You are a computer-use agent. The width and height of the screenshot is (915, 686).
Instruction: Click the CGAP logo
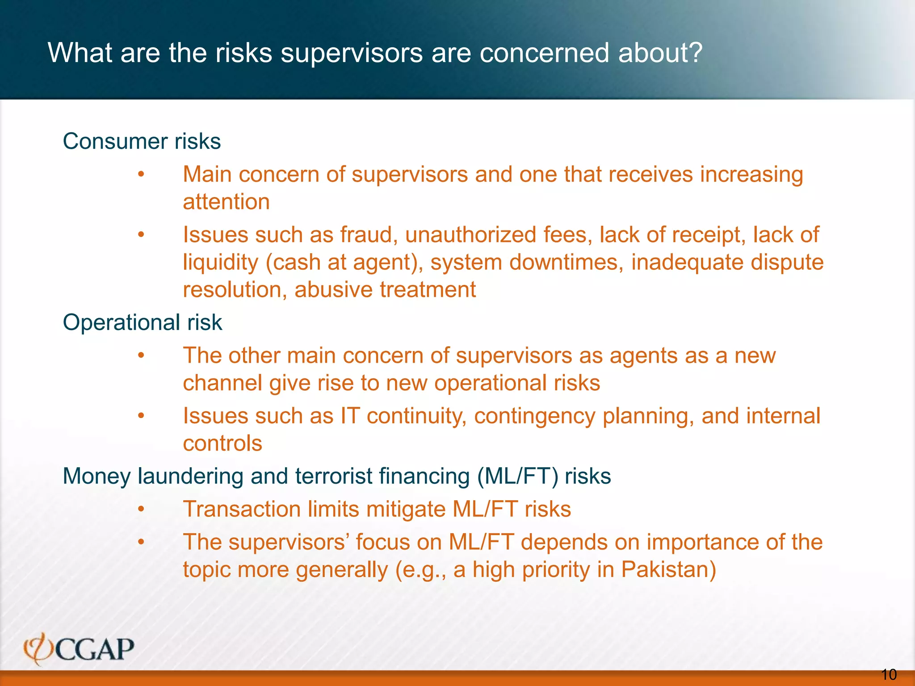[x=79, y=649]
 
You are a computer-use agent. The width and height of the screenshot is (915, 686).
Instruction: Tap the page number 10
[x=889, y=674]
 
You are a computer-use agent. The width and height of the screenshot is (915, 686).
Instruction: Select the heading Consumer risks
[x=142, y=141]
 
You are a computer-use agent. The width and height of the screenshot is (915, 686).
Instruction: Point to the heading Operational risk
[x=142, y=322]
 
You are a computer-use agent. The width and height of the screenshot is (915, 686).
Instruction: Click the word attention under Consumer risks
[x=226, y=201]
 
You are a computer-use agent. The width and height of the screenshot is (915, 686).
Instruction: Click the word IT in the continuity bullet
[x=350, y=416]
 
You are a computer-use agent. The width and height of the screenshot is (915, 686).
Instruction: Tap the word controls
[x=222, y=443]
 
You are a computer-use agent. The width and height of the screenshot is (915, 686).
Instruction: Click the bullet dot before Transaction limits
[x=141, y=509]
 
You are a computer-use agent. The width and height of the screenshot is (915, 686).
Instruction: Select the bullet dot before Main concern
[x=141, y=174]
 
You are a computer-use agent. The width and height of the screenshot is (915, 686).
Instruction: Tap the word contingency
[x=534, y=416]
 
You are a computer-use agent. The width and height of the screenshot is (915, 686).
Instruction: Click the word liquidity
[x=221, y=262]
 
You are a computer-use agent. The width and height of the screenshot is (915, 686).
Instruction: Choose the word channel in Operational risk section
[x=222, y=383]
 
